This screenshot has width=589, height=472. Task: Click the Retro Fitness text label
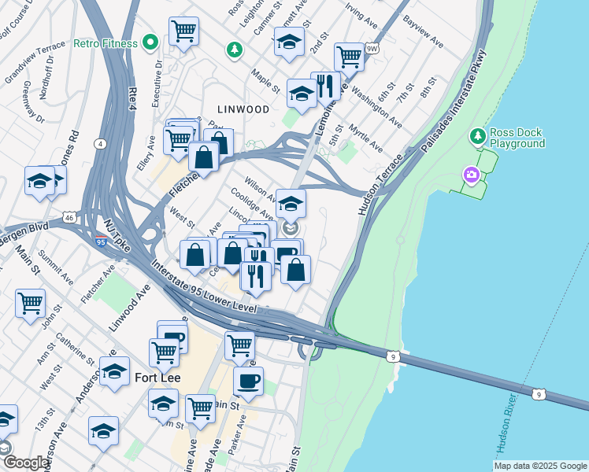[x=106, y=42]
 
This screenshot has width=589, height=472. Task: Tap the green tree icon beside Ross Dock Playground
[x=477, y=137]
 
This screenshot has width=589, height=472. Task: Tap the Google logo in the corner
[x=26, y=463]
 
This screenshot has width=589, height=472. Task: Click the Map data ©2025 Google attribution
[x=540, y=466]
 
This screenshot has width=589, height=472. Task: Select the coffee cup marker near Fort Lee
[x=249, y=381]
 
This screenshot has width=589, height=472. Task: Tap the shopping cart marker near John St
[x=30, y=302]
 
